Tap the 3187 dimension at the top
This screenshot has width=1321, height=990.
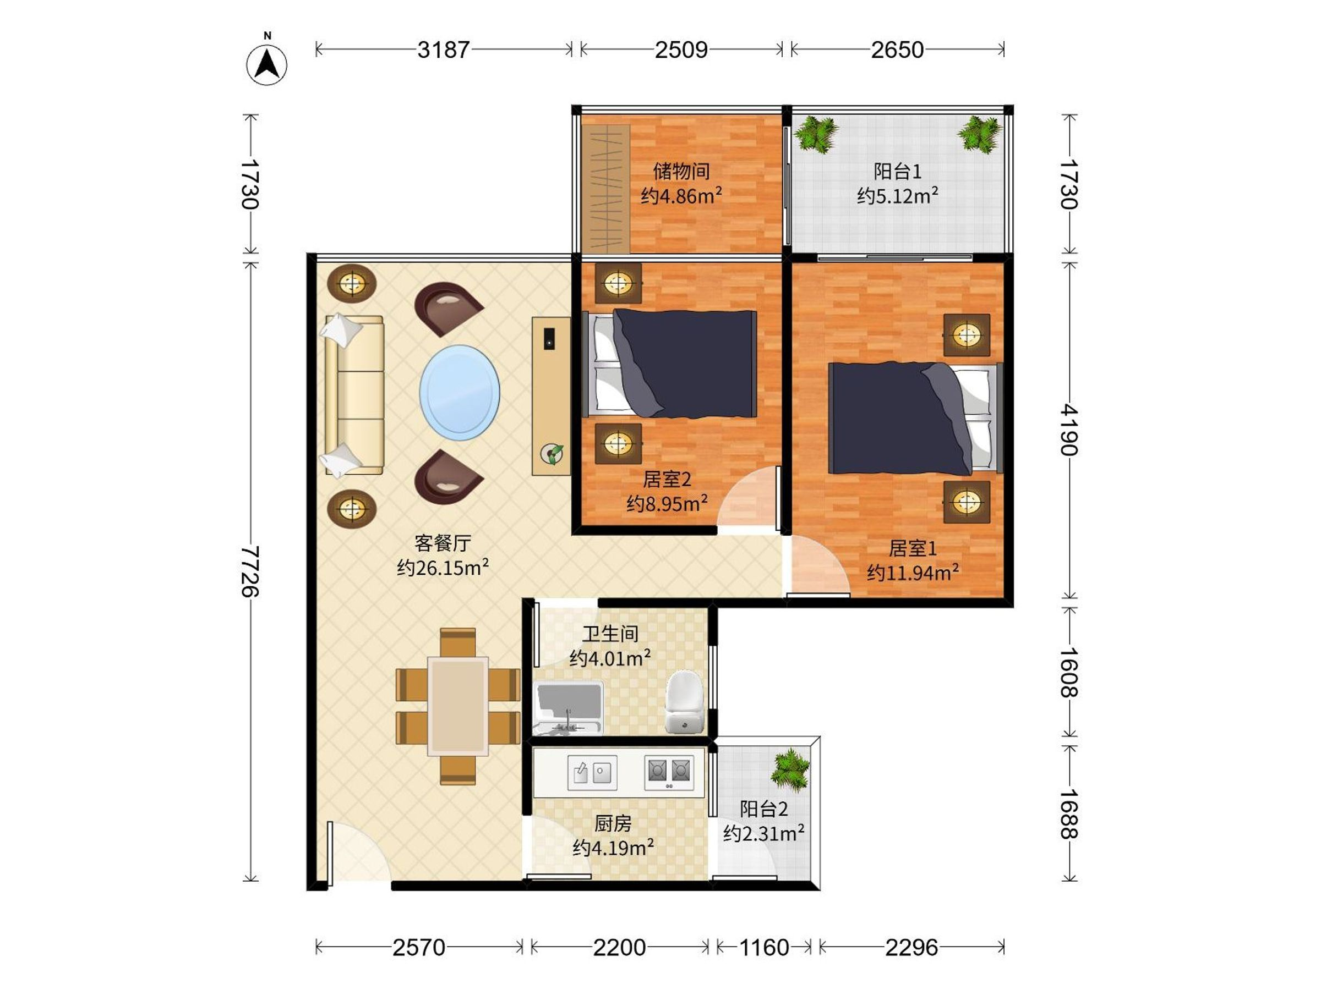click(444, 50)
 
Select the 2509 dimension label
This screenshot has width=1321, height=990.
click(681, 50)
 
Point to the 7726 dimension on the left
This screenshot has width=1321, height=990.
click(250, 571)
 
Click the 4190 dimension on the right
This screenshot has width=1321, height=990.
click(1069, 430)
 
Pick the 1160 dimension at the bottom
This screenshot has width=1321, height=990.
click(765, 947)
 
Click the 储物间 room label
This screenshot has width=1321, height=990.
click(681, 171)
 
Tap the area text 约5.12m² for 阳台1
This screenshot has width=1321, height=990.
click(898, 195)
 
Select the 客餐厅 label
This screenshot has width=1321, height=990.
click(443, 542)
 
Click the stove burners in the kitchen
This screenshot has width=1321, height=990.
click(669, 772)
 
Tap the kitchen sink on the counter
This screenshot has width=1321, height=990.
click(592, 772)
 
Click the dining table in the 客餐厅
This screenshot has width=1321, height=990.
click(458, 705)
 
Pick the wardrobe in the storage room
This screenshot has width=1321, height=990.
click(605, 189)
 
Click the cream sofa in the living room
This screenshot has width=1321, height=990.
click(353, 395)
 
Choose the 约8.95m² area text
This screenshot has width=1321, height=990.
click(667, 504)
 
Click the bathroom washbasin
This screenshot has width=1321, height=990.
click(568, 708)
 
